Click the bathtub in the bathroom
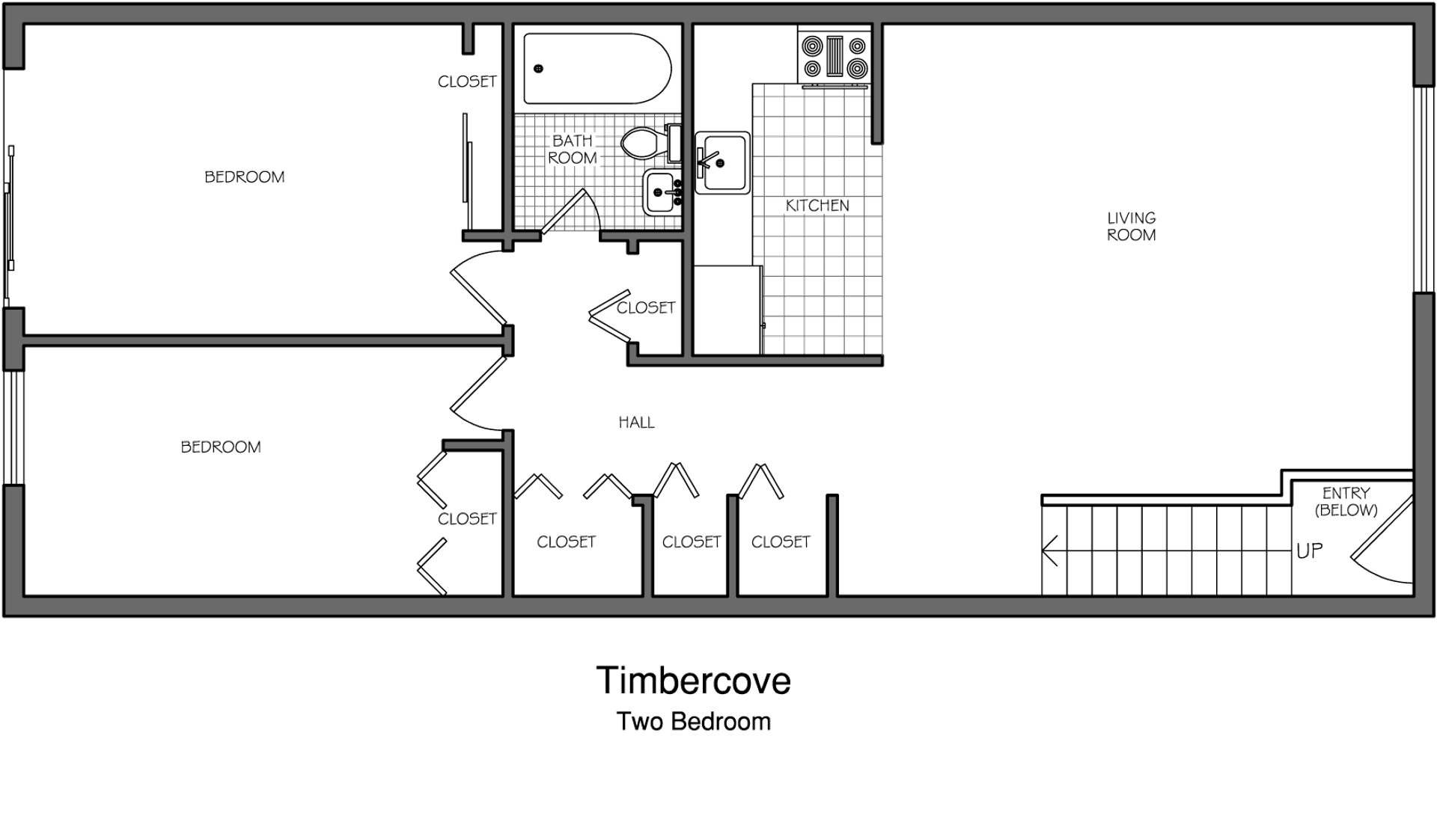597,68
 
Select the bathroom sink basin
662,192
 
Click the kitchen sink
723,162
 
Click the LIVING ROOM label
1131,226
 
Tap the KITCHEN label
817,205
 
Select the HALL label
636,423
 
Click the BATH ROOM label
573,149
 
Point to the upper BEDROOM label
245,177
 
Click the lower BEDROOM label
221,447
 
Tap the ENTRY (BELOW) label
1346,501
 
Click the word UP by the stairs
1310,551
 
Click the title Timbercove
694,680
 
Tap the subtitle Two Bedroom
694,721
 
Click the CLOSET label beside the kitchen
646,307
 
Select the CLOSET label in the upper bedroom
467,82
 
